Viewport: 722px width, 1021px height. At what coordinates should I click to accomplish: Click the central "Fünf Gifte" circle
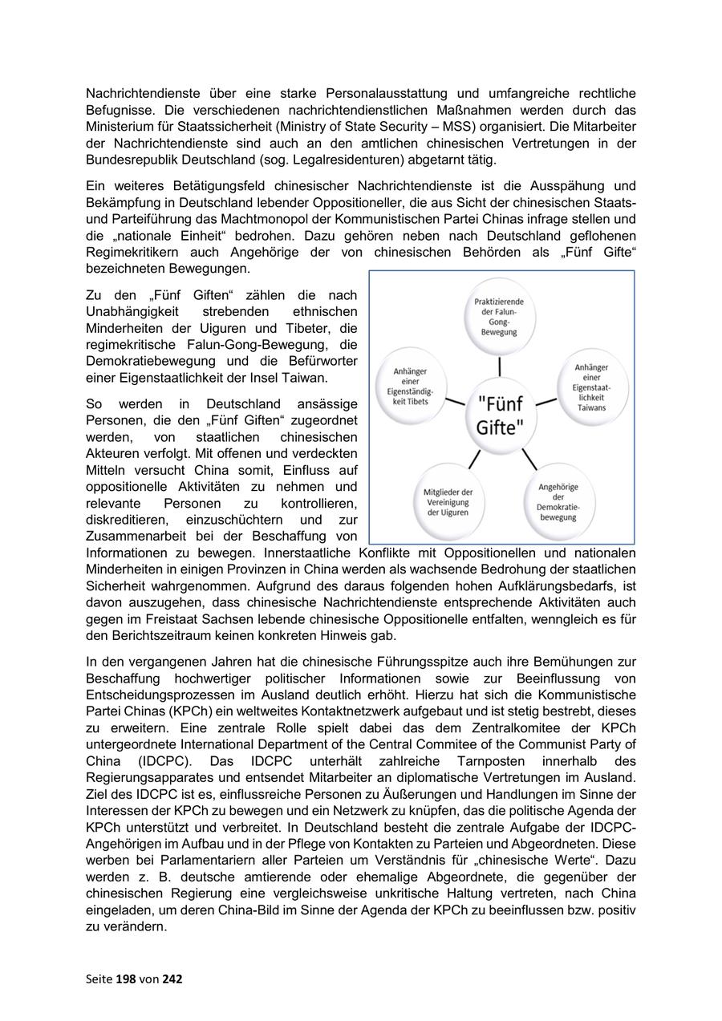coord(500,414)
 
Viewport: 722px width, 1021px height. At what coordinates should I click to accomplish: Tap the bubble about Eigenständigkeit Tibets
coord(410,386)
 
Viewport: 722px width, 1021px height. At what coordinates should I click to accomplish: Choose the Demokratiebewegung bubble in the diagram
coord(558,501)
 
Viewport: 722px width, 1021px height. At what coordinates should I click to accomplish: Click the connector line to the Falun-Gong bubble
coord(500,366)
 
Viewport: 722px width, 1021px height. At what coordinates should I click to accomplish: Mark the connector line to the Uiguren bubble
coord(474,459)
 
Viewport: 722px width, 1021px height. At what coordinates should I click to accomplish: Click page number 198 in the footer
coord(126,978)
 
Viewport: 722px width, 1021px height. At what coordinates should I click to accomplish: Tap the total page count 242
coord(172,978)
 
